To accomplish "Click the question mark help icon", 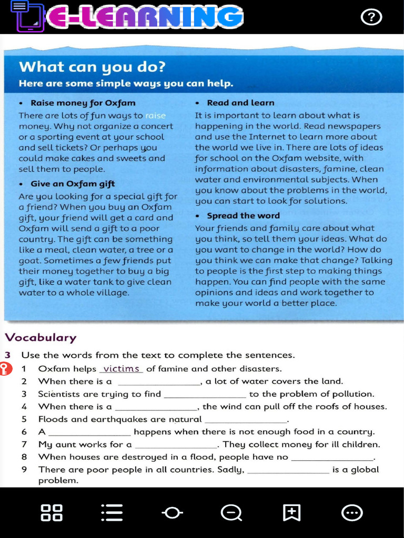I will [371, 17].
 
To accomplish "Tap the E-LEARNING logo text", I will [145, 17].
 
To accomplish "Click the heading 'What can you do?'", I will [92, 67].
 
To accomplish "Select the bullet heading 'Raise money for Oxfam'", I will [83, 103].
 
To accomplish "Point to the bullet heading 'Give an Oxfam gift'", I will [73, 184].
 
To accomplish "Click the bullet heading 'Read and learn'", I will [240, 103].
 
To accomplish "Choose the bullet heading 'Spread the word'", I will [243, 215].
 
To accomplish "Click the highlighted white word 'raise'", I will [155, 116].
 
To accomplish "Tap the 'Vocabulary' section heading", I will [41, 338].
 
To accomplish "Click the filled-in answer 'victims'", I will [121, 369].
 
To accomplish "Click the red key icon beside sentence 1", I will [5, 369].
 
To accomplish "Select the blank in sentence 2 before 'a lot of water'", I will [159, 382].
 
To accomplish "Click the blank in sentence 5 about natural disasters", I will [246, 420].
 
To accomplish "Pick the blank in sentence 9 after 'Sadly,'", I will [288, 470].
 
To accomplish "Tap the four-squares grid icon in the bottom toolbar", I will [52, 512].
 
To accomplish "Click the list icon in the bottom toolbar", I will [112, 512].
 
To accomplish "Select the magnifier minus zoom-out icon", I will [231, 512].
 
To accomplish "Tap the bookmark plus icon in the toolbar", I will [291, 512].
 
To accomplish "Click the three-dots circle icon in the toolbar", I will [351, 512].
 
